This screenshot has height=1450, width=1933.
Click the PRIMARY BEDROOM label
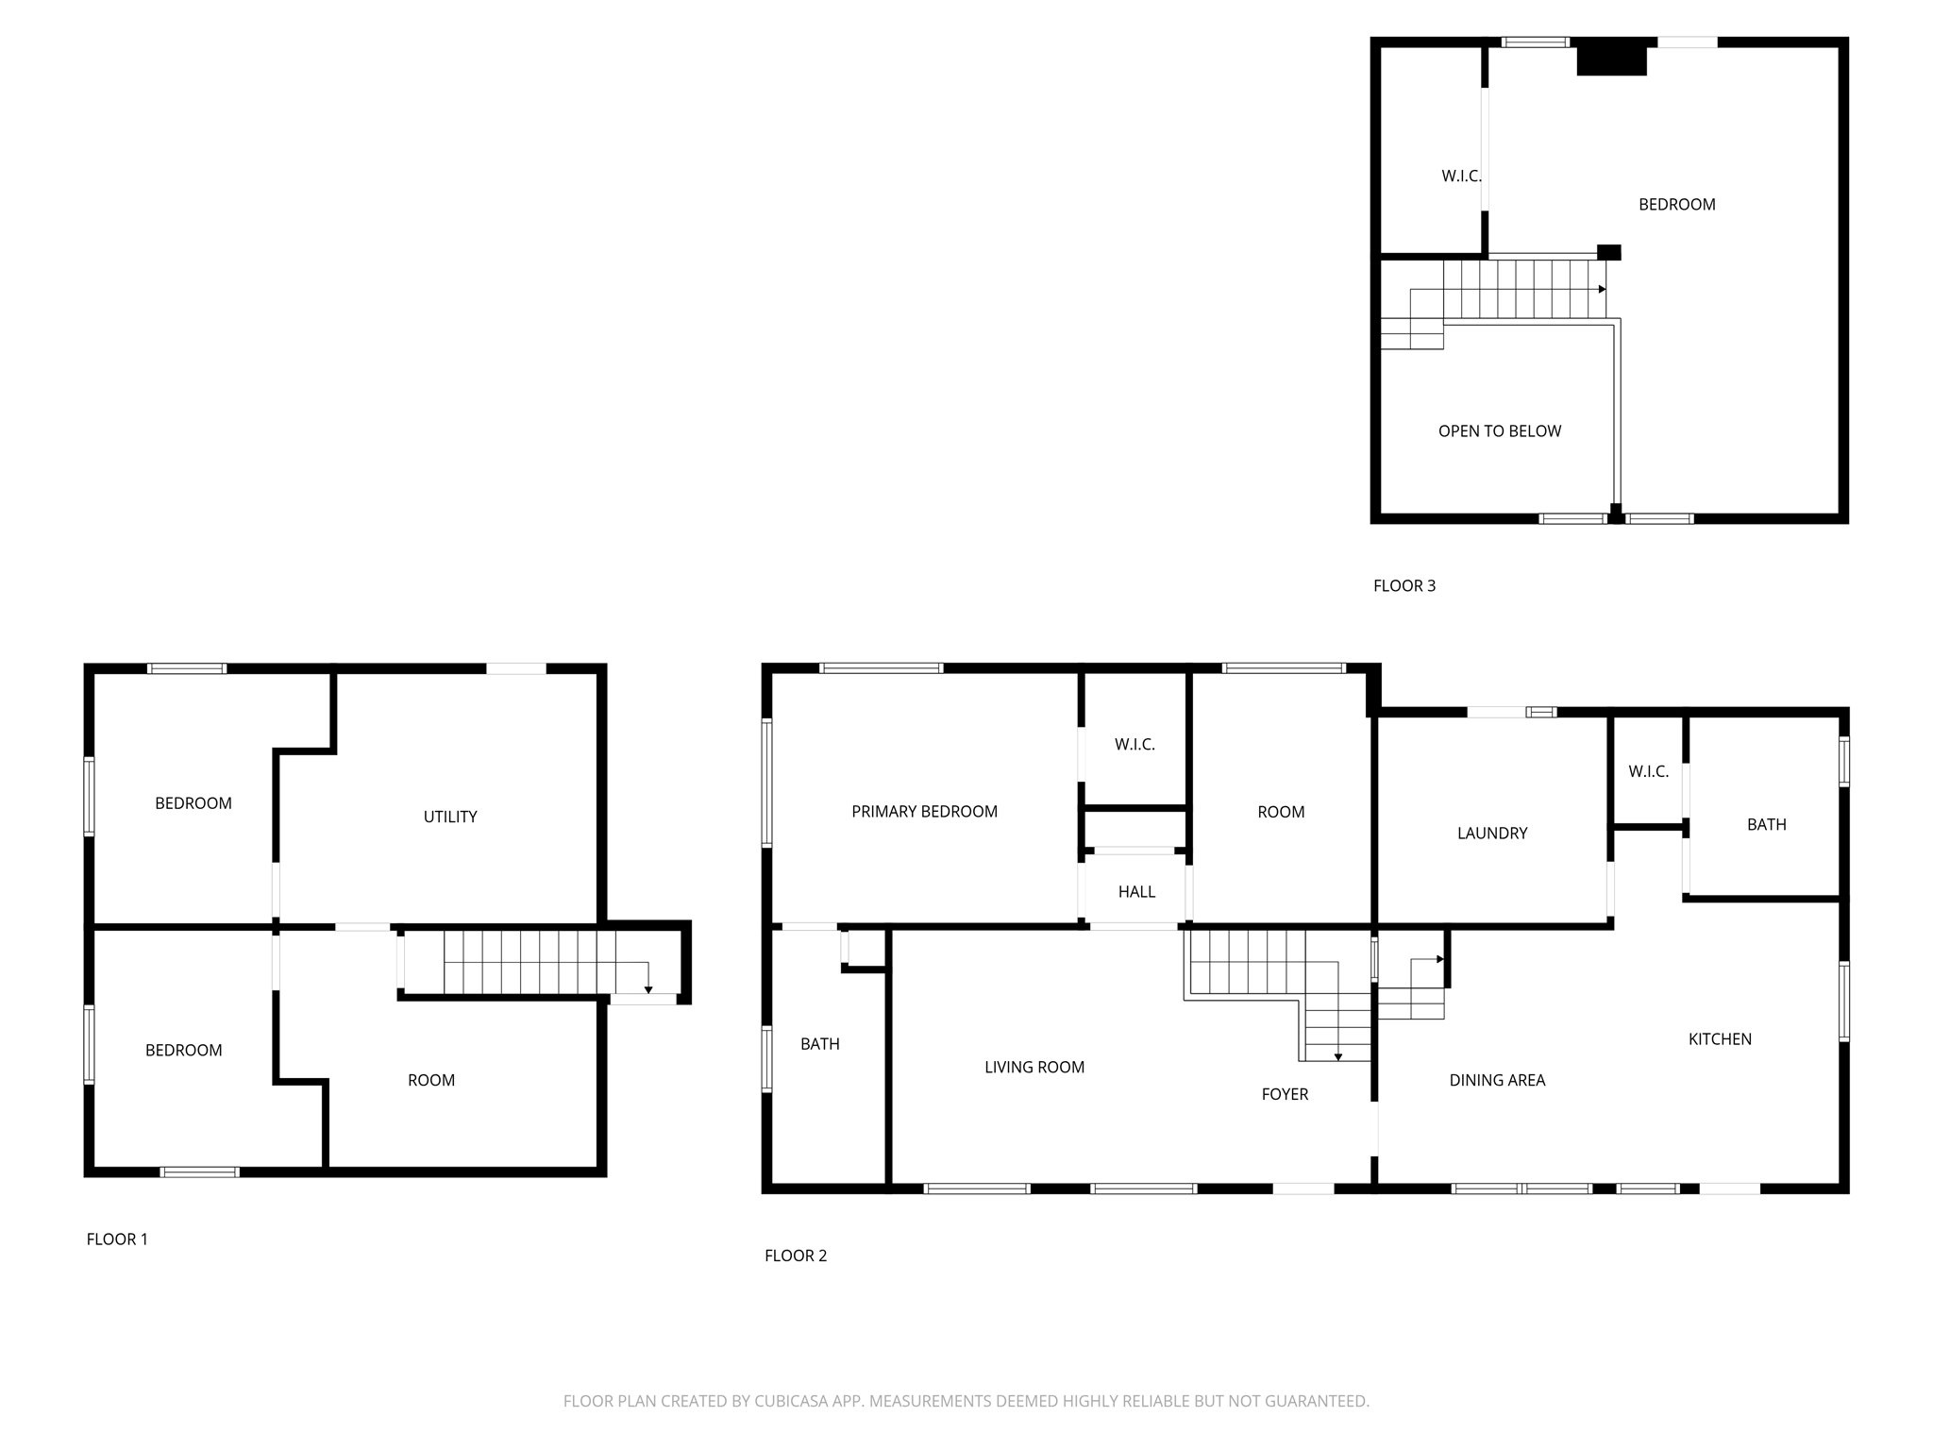click(x=924, y=812)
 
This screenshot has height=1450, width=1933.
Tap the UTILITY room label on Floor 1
click(x=450, y=818)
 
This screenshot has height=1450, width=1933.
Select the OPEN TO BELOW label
click(x=1499, y=431)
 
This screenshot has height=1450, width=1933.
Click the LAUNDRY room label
click(x=1491, y=834)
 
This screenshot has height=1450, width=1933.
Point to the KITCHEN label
click(x=1720, y=1039)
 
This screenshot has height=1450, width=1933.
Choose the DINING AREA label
click(x=1497, y=1081)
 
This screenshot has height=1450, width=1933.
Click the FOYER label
click(x=1285, y=1095)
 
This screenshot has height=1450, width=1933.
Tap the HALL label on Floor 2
click(x=1136, y=892)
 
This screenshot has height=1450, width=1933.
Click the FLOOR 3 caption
click(x=1404, y=586)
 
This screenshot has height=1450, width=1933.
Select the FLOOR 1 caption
click(x=117, y=1239)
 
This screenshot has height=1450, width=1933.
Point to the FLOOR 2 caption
click(x=795, y=1256)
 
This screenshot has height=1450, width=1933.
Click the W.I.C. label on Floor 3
click(x=1460, y=177)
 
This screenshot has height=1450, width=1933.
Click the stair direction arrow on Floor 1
click(x=648, y=988)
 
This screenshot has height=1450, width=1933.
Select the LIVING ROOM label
click(x=1034, y=1068)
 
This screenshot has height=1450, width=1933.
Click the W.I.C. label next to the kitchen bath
click(x=1648, y=772)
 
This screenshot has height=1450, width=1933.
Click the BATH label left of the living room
click(x=819, y=1044)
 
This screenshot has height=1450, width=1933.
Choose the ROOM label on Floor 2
click(x=1281, y=813)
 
